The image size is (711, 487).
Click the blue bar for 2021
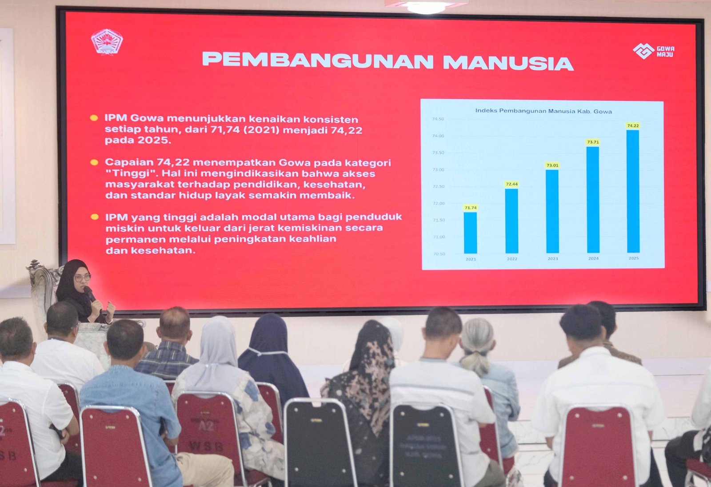(470, 233)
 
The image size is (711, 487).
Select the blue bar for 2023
(552, 211)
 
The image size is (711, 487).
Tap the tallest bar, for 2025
(633, 191)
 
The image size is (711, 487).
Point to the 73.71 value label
(593, 142)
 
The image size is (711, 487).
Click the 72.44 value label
(511, 184)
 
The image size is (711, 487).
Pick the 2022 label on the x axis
(512, 259)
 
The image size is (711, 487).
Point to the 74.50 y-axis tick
(438, 119)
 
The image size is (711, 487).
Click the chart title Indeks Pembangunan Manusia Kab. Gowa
(543, 111)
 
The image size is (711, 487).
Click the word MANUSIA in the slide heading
(508, 63)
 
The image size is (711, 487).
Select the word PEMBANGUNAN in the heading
(318, 60)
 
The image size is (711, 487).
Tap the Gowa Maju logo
(653, 51)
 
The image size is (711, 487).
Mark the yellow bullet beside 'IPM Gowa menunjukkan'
(94, 118)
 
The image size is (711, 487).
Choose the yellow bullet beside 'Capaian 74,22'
(94, 162)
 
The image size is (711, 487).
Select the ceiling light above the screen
(426, 6)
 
